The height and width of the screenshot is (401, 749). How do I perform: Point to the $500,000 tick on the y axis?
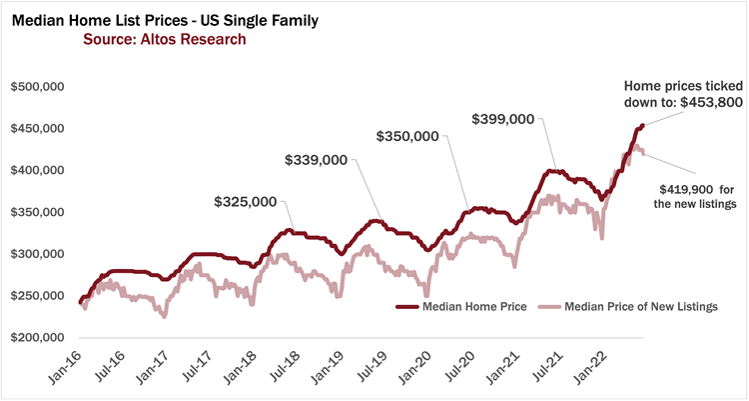click(x=37, y=88)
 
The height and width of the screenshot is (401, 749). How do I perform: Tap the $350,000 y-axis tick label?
click(x=37, y=213)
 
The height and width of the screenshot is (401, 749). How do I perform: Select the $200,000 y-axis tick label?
click(x=37, y=338)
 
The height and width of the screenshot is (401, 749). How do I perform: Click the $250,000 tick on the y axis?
click(x=37, y=296)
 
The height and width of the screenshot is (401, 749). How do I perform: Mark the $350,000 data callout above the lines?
click(x=406, y=135)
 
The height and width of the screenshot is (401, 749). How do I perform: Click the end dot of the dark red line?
click(x=642, y=125)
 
